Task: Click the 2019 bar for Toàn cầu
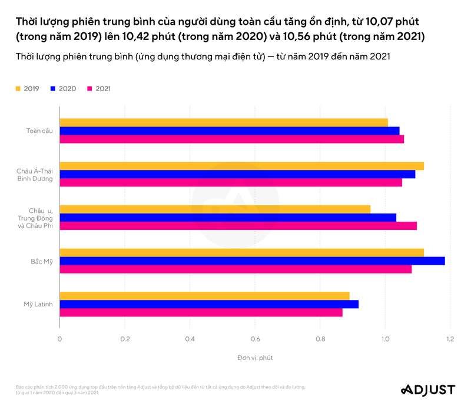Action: (x=224, y=122)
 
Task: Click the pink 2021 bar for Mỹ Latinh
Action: (x=201, y=313)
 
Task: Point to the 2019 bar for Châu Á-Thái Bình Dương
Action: (x=241, y=165)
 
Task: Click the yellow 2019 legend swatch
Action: (x=18, y=89)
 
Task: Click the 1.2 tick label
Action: (x=450, y=339)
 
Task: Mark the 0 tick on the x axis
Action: (x=59, y=339)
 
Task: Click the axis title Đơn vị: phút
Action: (x=255, y=358)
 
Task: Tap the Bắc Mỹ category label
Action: (x=42, y=261)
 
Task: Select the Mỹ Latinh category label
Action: (x=38, y=304)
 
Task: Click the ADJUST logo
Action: (x=427, y=389)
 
